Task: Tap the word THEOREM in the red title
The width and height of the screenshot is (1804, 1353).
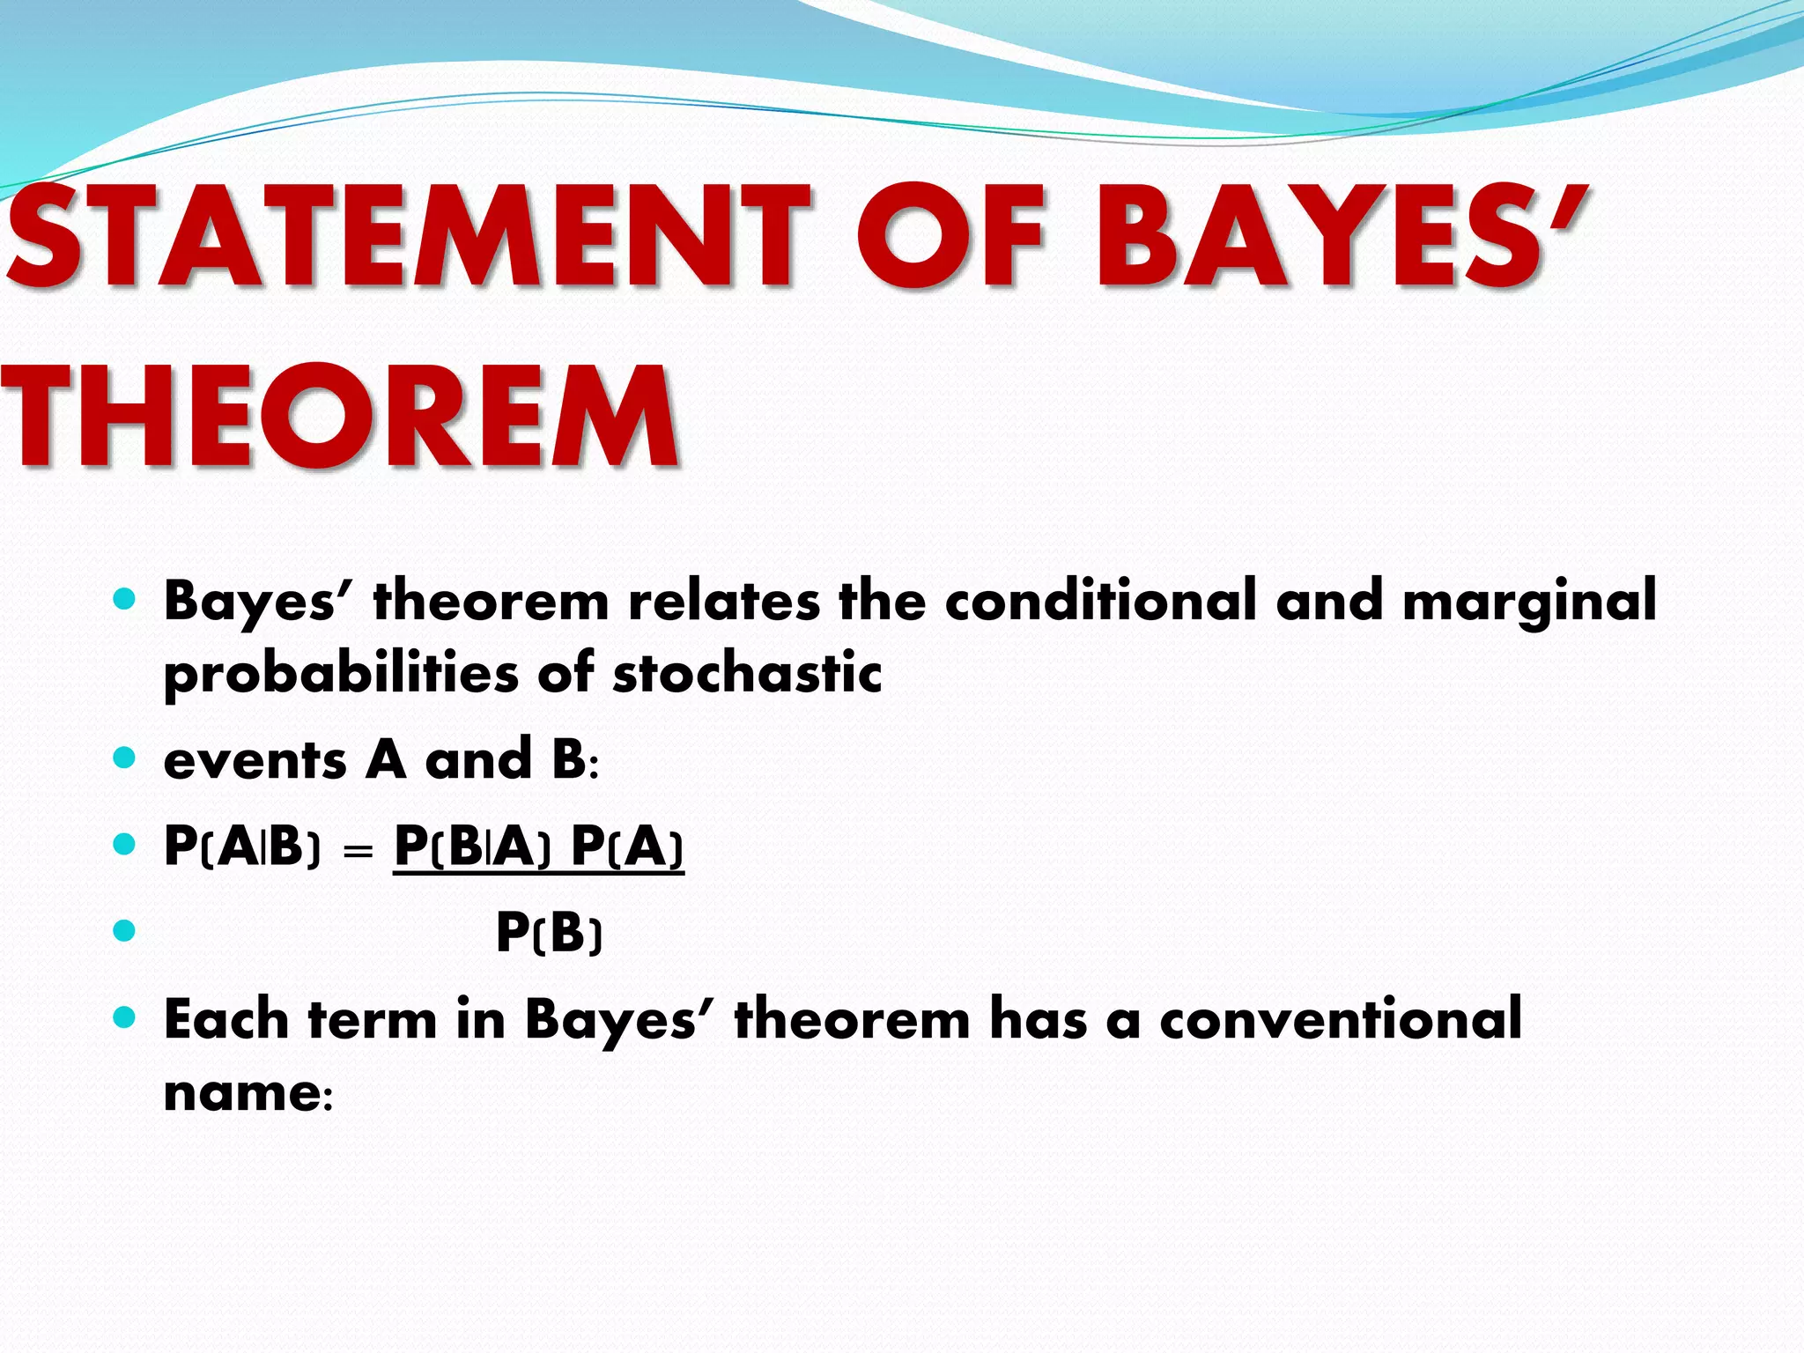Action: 339,418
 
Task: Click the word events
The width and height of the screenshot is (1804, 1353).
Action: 255,761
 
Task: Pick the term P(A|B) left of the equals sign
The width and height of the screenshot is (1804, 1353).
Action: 242,847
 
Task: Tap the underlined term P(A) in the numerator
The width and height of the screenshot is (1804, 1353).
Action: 627,847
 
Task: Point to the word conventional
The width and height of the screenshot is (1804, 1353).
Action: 1340,1020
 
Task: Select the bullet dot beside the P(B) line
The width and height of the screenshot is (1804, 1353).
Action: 125,931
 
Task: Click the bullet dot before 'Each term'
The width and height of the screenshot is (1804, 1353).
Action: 125,1018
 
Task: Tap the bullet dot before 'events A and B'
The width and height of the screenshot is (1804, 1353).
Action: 125,758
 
